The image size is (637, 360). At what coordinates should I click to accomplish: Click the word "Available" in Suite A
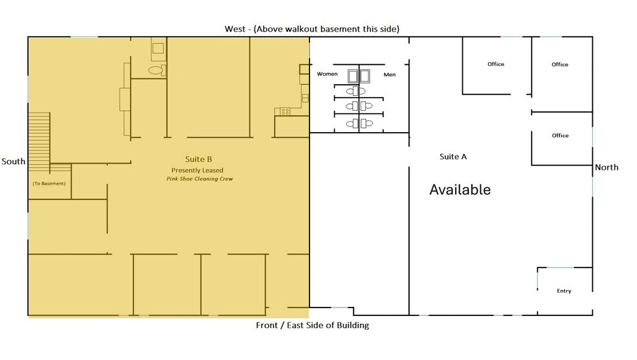point(460,190)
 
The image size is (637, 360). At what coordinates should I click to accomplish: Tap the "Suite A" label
point(453,157)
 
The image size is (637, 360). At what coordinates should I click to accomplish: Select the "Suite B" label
point(198,159)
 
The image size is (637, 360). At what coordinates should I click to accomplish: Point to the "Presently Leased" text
point(197,170)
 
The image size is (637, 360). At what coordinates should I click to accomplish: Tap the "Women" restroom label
point(327,74)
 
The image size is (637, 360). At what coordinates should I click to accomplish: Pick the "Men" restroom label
point(389,74)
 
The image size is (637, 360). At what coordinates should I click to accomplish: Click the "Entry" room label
point(564,291)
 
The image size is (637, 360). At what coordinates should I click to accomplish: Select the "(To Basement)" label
point(49,184)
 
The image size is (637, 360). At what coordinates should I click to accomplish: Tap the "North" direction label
point(607,167)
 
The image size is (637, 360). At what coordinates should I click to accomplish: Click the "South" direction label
point(14,161)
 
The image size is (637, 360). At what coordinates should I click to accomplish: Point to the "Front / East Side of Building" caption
point(313,325)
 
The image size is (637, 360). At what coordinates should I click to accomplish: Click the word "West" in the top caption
point(234,28)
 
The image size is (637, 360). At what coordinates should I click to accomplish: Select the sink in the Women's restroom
point(353,76)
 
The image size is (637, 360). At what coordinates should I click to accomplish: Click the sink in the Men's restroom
point(365,76)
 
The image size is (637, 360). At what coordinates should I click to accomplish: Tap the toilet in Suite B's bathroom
point(156,70)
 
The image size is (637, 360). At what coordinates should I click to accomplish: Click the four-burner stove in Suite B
point(284,112)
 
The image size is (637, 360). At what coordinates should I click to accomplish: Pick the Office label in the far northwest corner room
point(560,64)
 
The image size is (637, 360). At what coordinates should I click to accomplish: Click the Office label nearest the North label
point(560,135)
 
